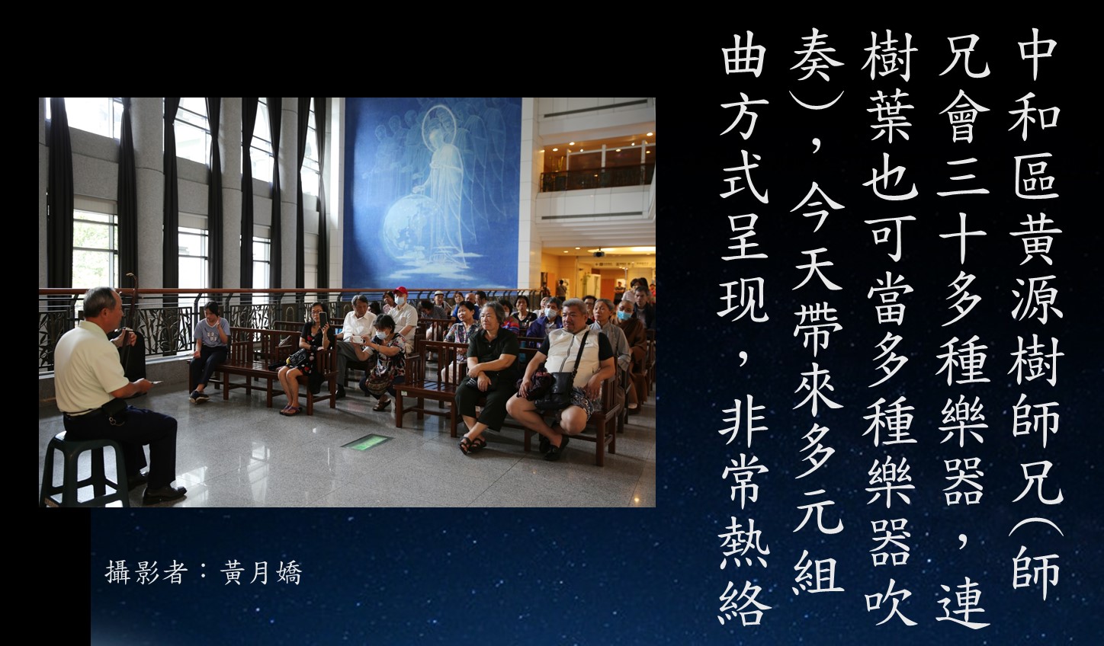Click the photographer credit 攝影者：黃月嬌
(203, 573)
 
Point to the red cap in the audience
(400, 291)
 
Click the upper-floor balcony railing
(597, 178)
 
